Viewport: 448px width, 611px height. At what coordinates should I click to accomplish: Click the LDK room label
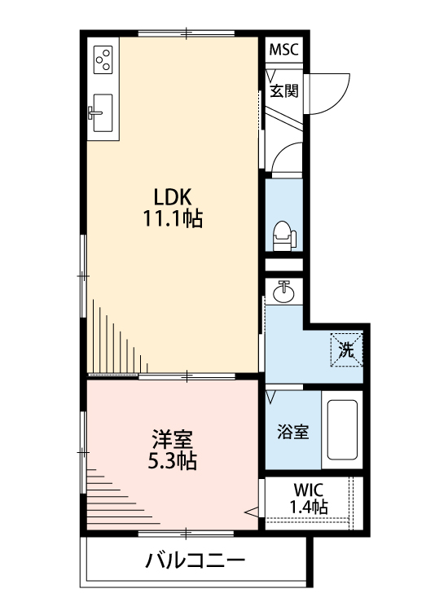coord(172,196)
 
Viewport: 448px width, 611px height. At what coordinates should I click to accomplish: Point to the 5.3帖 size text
coord(172,462)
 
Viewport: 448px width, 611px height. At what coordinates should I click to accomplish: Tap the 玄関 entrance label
coord(284,90)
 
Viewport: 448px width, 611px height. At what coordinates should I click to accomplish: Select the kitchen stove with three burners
coord(103,59)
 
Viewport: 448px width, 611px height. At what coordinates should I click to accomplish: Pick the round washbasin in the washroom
coord(283,292)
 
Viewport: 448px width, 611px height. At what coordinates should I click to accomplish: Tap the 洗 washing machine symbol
coord(346,351)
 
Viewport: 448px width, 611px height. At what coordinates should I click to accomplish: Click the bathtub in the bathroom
coord(342,430)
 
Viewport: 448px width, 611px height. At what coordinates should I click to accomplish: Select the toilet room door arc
coord(288,160)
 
